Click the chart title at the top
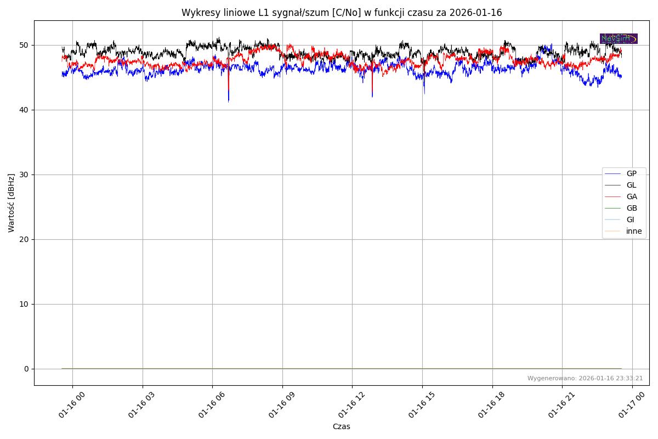point(342,13)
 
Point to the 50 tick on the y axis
point(25,45)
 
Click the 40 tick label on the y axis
point(25,110)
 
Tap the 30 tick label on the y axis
point(25,175)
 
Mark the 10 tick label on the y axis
point(25,304)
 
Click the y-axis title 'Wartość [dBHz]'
point(12,203)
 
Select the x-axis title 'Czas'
point(341,427)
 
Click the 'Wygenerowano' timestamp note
point(585,379)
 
